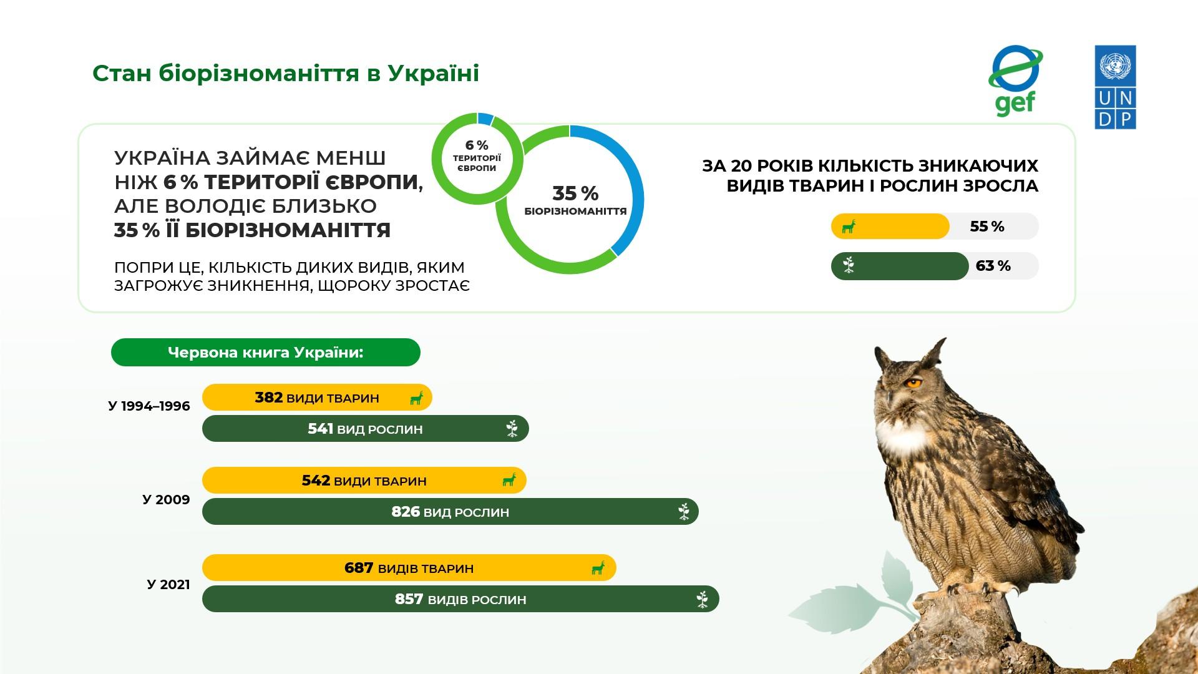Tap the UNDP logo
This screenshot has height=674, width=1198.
click(x=1115, y=87)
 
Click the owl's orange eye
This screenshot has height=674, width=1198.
click(x=913, y=383)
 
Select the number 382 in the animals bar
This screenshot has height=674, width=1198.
click(x=269, y=398)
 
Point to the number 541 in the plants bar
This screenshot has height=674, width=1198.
click(x=321, y=429)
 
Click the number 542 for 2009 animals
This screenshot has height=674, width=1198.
click(x=316, y=481)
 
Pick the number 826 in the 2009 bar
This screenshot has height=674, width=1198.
click(x=406, y=512)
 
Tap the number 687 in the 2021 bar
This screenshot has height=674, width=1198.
click(x=359, y=568)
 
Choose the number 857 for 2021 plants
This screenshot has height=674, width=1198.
click(x=409, y=599)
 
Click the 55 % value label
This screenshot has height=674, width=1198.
click(x=987, y=227)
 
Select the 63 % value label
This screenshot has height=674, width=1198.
click(x=993, y=266)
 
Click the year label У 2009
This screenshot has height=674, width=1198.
click(x=166, y=499)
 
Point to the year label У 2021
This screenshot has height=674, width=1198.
click(x=168, y=585)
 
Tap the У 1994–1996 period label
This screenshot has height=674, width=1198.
click(x=149, y=406)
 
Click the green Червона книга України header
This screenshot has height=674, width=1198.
click(x=266, y=353)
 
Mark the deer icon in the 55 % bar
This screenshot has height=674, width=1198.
click(x=849, y=227)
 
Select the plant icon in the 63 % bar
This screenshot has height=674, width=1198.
click(x=849, y=266)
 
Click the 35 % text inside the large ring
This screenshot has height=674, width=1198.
click(x=575, y=193)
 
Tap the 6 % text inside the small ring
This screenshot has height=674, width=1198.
click(x=477, y=145)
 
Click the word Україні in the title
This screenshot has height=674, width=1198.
click(x=434, y=73)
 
